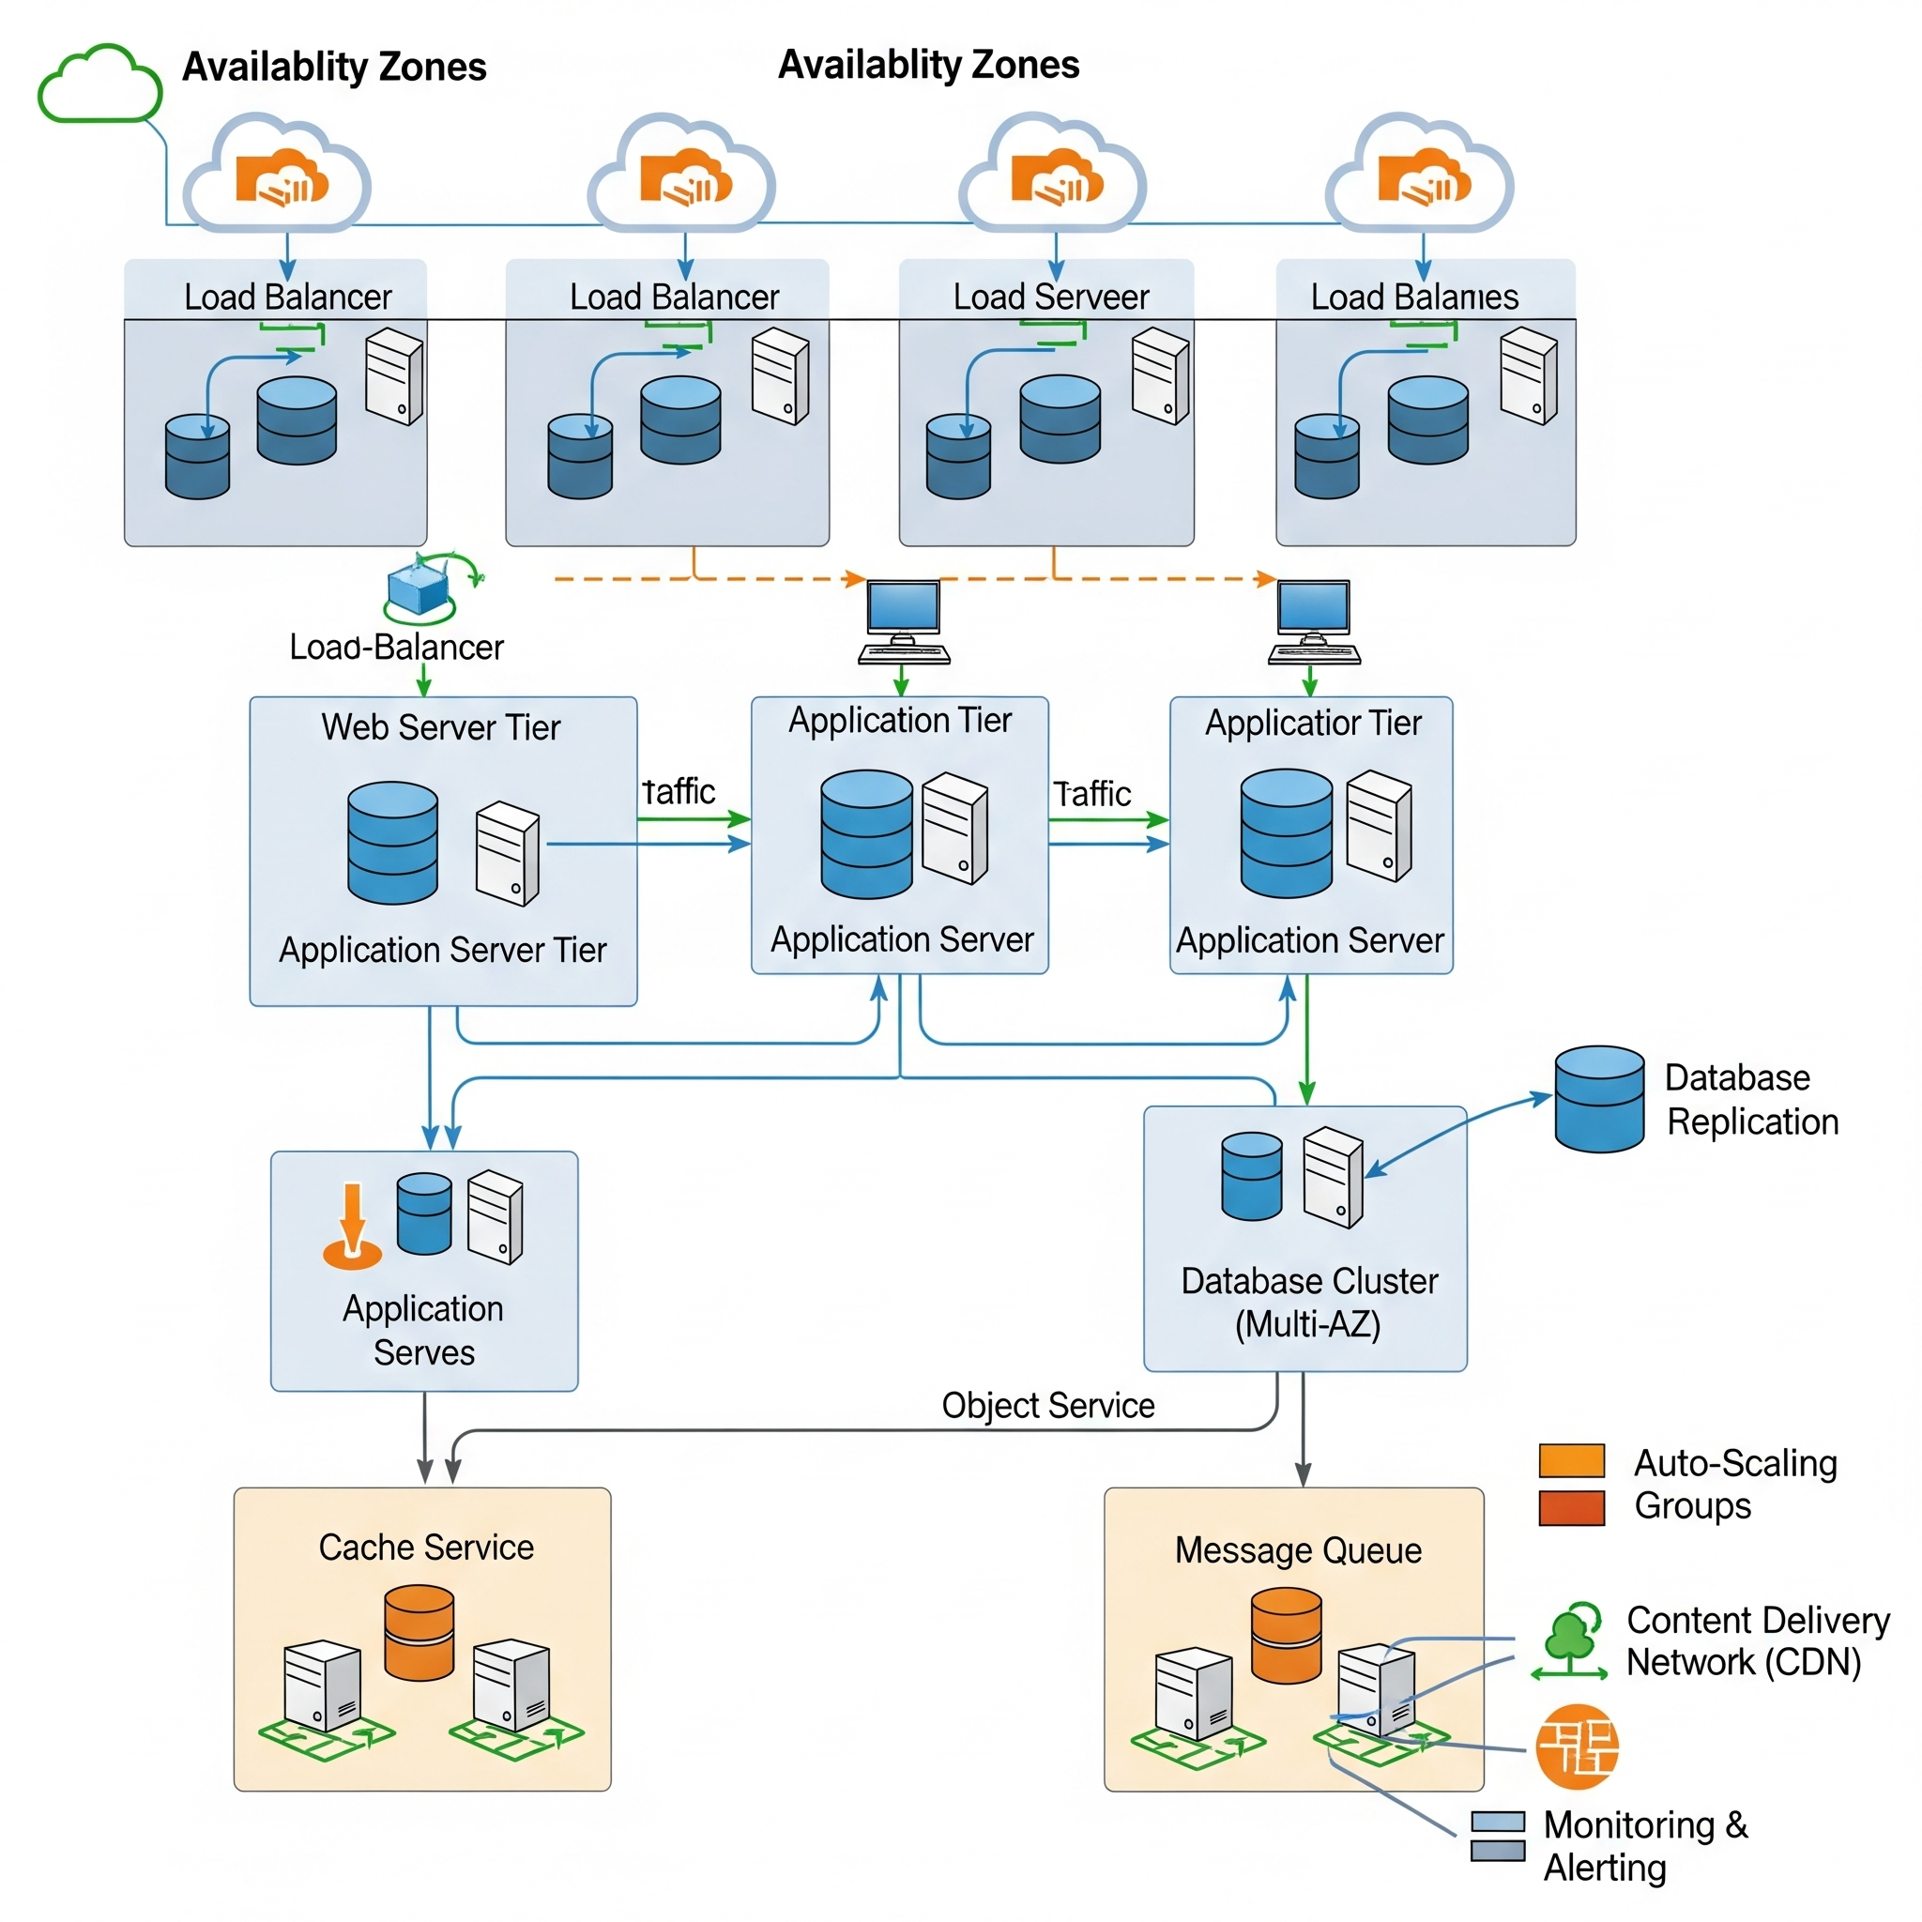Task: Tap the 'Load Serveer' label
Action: [x=1050, y=297]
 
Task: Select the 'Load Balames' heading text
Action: [x=1413, y=297]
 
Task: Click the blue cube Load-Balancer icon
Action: [x=419, y=586]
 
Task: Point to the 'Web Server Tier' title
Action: [x=441, y=727]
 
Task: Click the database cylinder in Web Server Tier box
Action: [x=393, y=842]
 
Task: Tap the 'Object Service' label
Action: [x=1047, y=1405]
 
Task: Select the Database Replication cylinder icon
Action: [x=1598, y=1098]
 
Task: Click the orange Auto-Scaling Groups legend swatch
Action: [x=1571, y=1460]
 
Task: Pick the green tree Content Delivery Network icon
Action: [x=1570, y=1641]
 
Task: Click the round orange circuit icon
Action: [x=1577, y=1746]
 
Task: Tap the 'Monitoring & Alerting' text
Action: [x=1644, y=1845]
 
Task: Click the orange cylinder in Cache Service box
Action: [x=419, y=1633]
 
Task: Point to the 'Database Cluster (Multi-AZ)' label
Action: [x=1308, y=1302]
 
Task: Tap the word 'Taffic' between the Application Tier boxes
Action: [x=1092, y=794]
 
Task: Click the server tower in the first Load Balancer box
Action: [x=394, y=376]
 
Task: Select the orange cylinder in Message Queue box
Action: [x=1286, y=1635]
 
